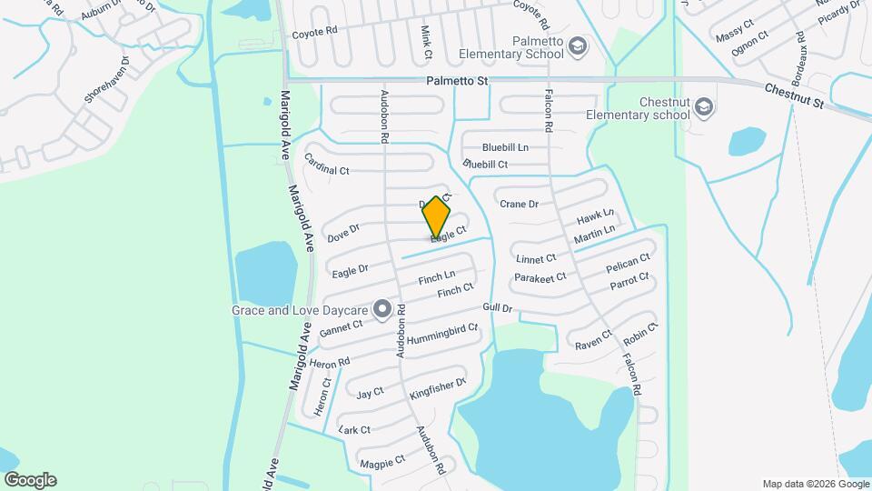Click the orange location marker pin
pyautogui.click(x=436, y=216)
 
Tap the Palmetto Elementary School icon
pyautogui.click(x=577, y=46)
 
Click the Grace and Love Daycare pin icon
pyautogui.click(x=382, y=310)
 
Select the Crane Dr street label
pyautogui.click(x=520, y=205)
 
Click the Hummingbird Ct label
pyautogui.click(x=442, y=335)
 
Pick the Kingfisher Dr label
pyautogui.click(x=438, y=388)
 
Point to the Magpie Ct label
pyautogui.click(x=381, y=462)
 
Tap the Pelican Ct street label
pyautogui.click(x=628, y=264)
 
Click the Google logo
pyautogui.click(x=30, y=480)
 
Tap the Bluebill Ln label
pyautogui.click(x=505, y=147)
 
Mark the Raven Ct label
pyautogui.click(x=590, y=345)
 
